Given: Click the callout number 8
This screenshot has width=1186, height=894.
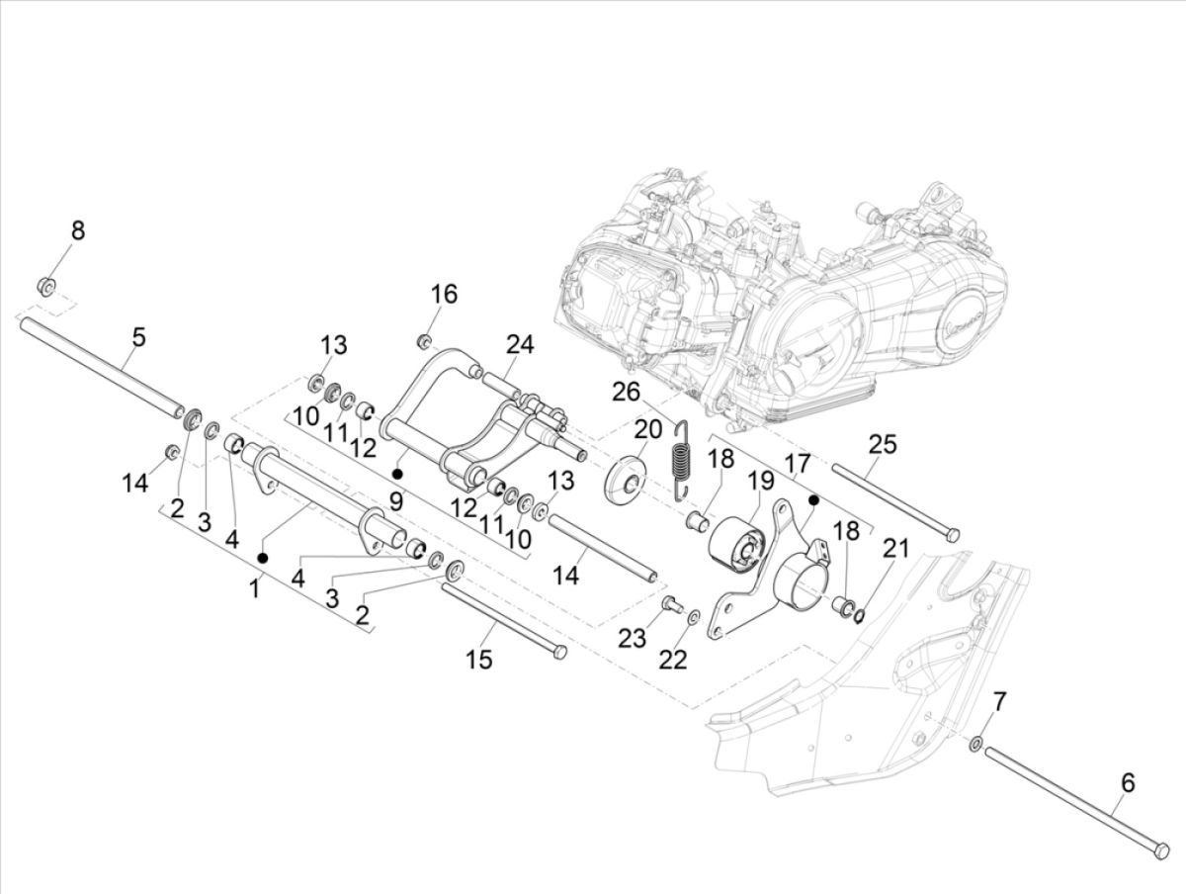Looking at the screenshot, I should point(77,230).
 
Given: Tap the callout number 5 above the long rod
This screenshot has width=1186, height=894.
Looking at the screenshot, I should point(138,336).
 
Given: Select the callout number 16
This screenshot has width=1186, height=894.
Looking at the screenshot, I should point(444,294).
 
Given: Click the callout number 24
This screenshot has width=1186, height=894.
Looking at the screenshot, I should point(520,344).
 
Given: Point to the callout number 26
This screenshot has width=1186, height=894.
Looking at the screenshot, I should point(625,392).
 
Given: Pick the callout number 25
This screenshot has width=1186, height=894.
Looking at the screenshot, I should point(883,443).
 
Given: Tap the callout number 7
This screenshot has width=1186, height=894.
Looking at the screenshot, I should point(1000,703).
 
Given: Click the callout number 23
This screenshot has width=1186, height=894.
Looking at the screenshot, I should point(634,639).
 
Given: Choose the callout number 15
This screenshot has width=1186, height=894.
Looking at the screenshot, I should point(479,659).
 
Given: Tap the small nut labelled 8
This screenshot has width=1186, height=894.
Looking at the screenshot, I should point(45,287).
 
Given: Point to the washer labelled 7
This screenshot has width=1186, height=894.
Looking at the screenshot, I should point(976,743).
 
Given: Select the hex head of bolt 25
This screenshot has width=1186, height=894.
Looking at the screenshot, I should point(952,535).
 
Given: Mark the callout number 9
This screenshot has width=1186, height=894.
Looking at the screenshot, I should point(396,501).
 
